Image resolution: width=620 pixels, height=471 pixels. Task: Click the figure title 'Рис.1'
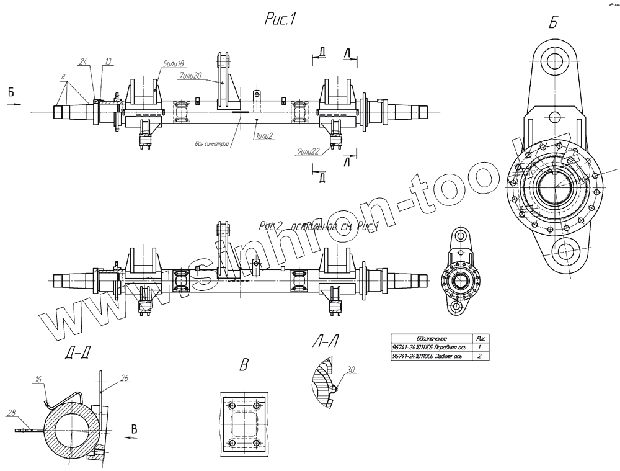(x=279, y=20)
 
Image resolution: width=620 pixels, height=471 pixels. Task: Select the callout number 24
(x=84, y=61)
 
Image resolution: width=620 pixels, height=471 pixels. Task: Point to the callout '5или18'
(x=174, y=63)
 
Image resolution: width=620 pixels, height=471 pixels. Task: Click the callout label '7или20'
(x=191, y=76)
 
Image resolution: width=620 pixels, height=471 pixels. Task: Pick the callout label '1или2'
(x=265, y=135)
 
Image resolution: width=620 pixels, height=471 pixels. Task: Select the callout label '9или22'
(x=309, y=151)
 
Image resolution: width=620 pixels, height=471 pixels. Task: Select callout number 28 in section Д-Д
(x=11, y=411)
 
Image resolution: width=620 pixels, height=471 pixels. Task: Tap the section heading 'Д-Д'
(x=77, y=354)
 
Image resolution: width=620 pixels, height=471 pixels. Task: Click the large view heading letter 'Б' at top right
(x=553, y=23)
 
